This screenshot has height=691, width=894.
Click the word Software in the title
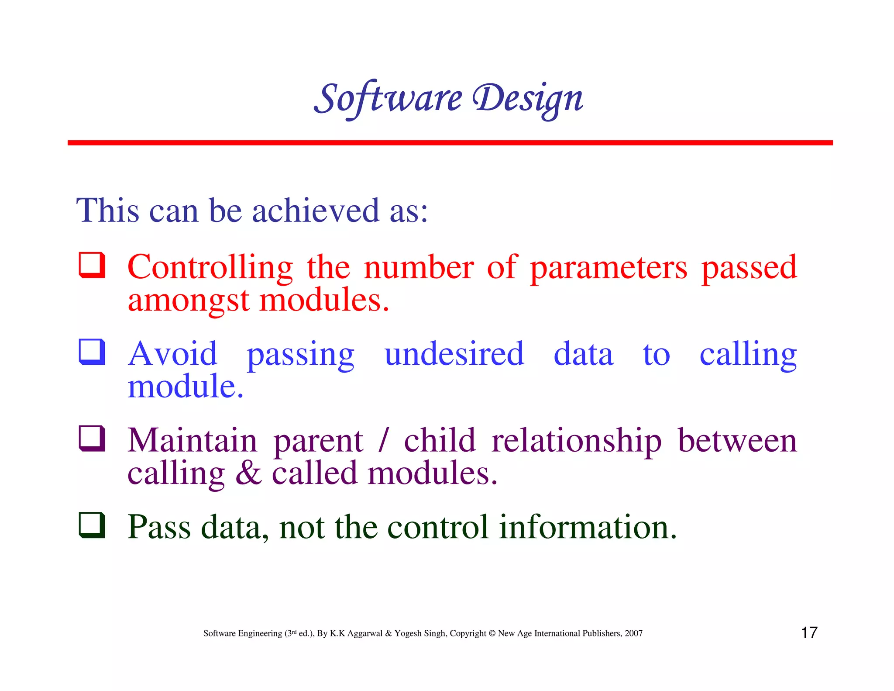(x=388, y=98)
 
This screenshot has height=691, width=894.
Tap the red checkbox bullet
(x=92, y=265)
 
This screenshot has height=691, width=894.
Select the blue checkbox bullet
(x=92, y=352)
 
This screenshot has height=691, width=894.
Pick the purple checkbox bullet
(x=92, y=438)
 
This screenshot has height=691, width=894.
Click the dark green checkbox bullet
(x=92, y=525)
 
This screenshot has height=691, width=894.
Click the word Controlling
(x=210, y=267)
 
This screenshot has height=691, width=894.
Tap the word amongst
(x=189, y=301)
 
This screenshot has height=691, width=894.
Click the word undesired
(x=454, y=354)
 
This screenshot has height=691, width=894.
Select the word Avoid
(x=172, y=354)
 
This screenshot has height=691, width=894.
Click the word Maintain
(x=192, y=440)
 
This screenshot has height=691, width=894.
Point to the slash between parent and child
(x=383, y=440)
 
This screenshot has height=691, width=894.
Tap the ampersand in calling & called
(x=248, y=473)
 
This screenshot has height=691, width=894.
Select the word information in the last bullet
(x=588, y=527)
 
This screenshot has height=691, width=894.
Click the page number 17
(x=809, y=632)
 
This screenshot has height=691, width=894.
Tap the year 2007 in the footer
(x=633, y=633)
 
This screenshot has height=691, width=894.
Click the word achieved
(x=316, y=211)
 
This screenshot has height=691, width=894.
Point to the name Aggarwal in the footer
(x=364, y=634)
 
